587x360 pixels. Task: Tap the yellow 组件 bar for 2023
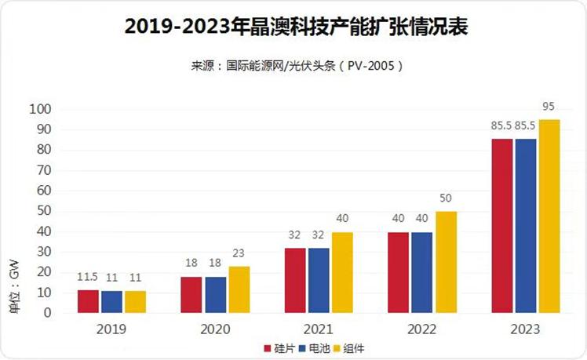pos(549,216)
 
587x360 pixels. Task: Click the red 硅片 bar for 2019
pos(88,301)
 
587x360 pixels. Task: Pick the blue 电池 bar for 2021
pos(319,281)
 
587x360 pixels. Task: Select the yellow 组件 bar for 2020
pos(239,289)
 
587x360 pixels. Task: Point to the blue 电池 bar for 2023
pos(525,226)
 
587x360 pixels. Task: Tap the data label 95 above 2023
pos(549,106)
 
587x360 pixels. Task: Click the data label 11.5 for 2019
pos(87,278)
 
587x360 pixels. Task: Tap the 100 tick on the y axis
pos(40,109)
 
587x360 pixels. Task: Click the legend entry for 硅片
pos(279,347)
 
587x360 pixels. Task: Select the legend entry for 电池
pos(316,347)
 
